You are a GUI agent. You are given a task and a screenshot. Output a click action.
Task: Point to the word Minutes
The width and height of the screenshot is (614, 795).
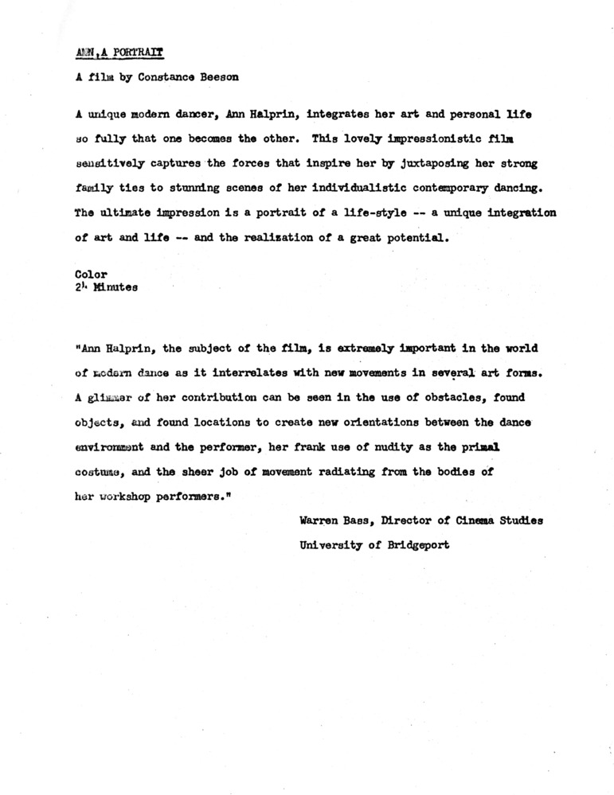(x=117, y=288)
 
